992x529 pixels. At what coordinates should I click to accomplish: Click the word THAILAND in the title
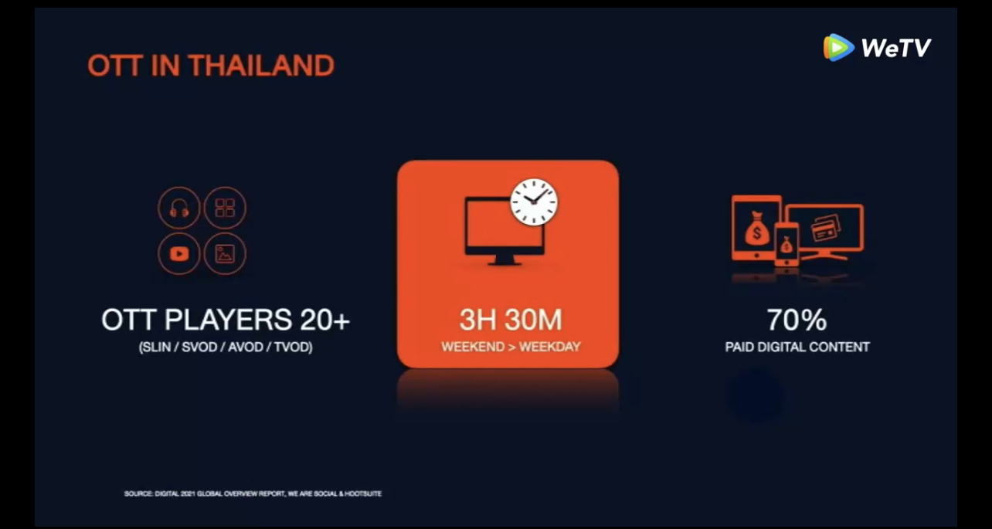click(x=261, y=66)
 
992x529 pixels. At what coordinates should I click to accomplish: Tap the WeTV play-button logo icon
click(x=838, y=47)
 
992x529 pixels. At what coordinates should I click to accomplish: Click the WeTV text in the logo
click(x=896, y=48)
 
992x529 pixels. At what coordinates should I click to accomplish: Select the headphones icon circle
click(x=179, y=208)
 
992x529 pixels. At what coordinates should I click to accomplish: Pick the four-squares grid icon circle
click(x=225, y=208)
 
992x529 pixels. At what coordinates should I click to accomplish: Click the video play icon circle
click(x=179, y=253)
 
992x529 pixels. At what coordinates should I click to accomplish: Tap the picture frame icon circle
click(x=225, y=253)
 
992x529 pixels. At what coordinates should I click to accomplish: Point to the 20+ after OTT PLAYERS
click(x=324, y=320)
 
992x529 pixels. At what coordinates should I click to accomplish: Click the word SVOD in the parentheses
click(x=200, y=347)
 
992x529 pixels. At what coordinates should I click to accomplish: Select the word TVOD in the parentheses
click(x=293, y=347)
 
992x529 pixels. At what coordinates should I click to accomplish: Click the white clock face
click(x=534, y=202)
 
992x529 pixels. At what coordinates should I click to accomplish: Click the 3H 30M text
click(x=511, y=320)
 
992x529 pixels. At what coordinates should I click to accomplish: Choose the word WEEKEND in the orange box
click(x=473, y=347)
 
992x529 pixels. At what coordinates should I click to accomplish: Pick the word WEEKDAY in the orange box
click(x=549, y=347)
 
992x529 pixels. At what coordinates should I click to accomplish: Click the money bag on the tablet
click(x=756, y=229)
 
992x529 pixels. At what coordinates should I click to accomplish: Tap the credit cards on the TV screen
click(x=825, y=228)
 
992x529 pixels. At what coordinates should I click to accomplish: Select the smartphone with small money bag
click(x=786, y=244)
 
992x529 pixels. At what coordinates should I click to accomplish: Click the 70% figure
click(x=797, y=320)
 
